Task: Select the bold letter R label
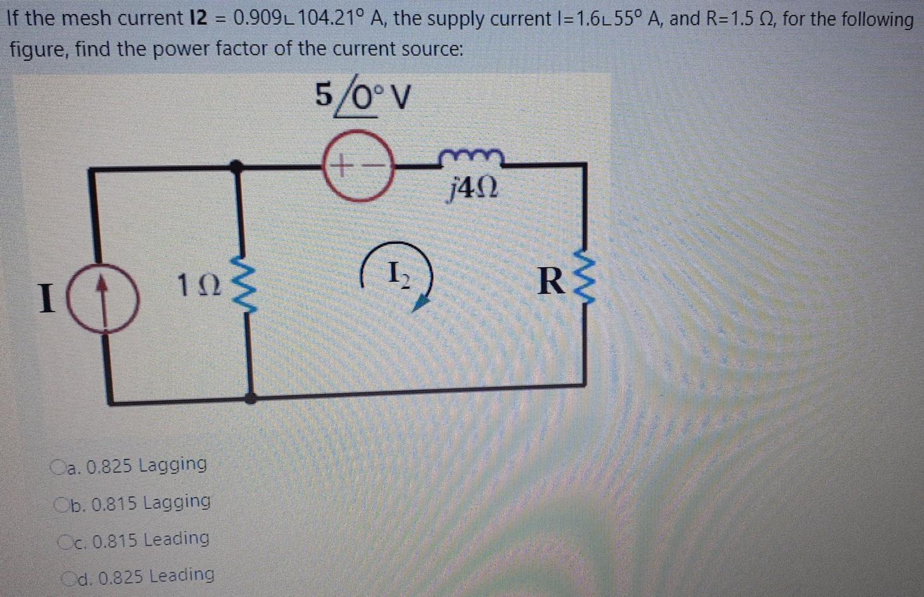point(550,281)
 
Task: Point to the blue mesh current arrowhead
point(419,305)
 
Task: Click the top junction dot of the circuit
point(237,167)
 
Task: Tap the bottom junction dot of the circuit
point(251,398)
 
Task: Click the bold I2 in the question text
point(193,18)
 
